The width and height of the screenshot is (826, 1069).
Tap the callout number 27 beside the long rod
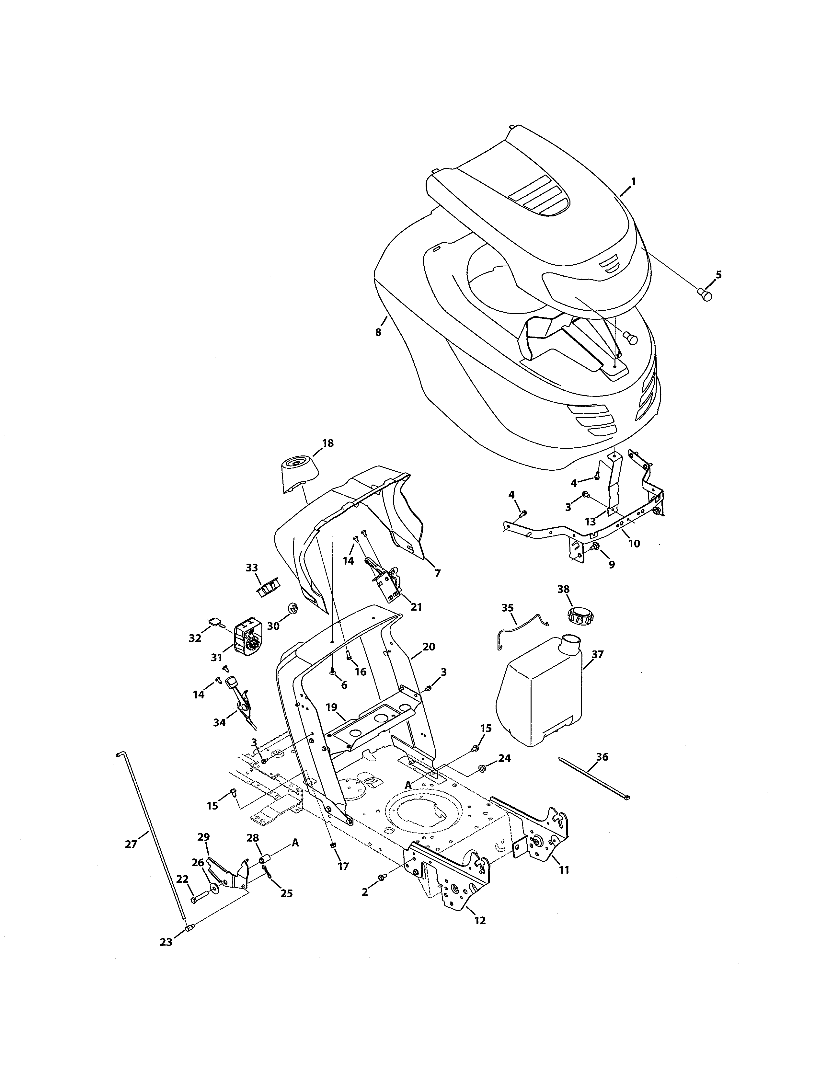[131, 844]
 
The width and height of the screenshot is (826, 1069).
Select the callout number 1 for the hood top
[633, 182]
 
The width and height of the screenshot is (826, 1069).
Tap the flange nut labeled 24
[481, 769]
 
